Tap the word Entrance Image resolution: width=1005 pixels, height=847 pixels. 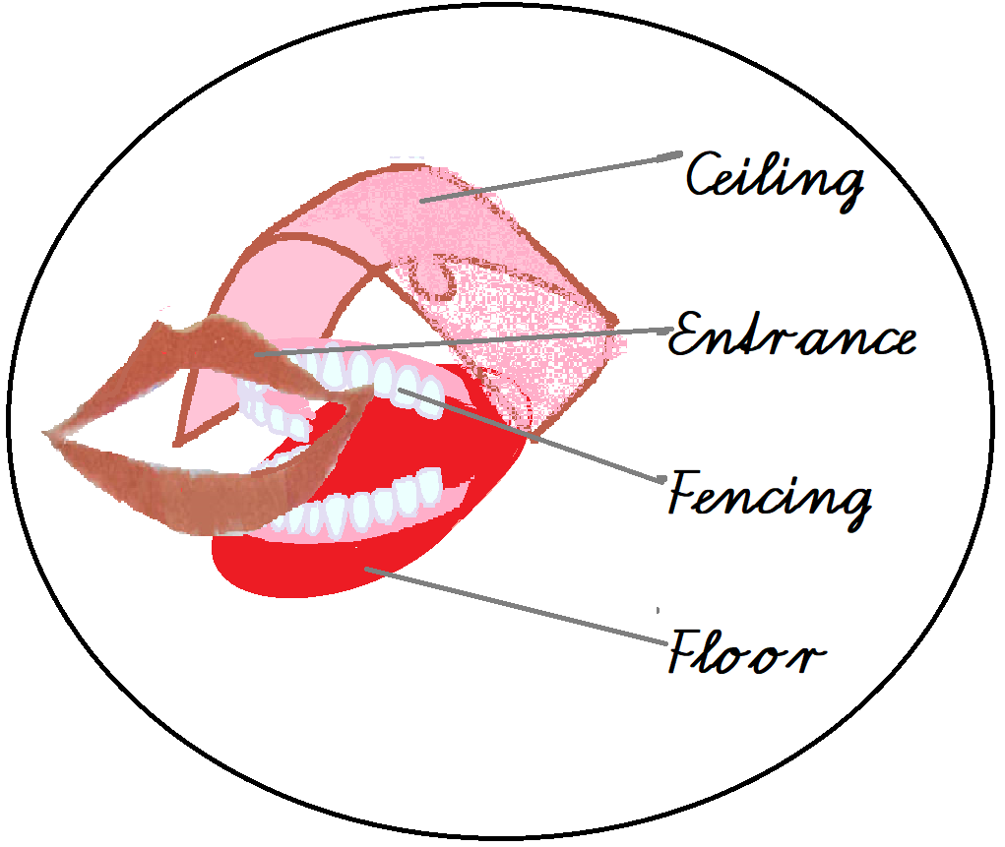[x=792, y=336]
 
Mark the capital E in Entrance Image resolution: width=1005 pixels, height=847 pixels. [x=689, y=338]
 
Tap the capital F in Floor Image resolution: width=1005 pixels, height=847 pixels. [x=689, y=651]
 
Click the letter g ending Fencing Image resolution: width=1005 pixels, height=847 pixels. [x=854, y=504]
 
